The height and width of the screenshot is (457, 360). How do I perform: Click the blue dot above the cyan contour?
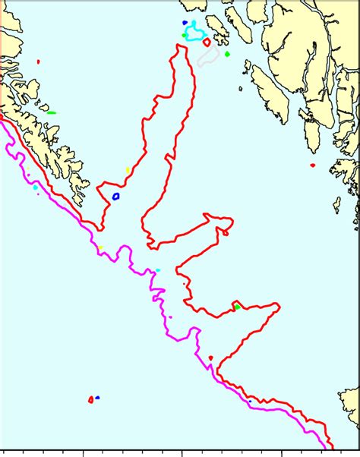185,23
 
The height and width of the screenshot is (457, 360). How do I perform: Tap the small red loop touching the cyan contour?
207,43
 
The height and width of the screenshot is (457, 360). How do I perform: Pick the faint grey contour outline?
208,57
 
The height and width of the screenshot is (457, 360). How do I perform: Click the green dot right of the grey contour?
227,54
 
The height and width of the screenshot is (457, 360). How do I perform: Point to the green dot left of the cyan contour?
184,35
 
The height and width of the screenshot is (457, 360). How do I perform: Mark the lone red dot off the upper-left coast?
38,61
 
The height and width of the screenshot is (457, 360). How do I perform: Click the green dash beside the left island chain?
52,113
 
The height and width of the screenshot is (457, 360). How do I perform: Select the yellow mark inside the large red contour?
128,170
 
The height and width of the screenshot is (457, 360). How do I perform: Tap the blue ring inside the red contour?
116,196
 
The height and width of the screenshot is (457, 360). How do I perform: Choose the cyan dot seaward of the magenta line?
35,187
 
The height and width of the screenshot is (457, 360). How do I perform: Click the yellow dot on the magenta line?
99,247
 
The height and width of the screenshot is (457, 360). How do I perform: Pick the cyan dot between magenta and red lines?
157,270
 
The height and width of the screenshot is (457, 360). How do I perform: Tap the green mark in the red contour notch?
237,307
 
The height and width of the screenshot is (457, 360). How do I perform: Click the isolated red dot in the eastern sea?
312,165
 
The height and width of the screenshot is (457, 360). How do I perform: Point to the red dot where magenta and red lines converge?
210,358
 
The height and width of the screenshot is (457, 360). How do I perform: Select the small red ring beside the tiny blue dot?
90,399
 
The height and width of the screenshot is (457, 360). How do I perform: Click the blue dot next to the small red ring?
98,397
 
